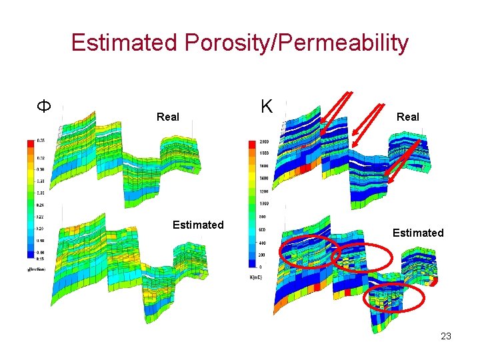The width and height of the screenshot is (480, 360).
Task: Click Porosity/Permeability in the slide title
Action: point(297,43)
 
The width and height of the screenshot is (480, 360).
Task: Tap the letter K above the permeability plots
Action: point(267,106)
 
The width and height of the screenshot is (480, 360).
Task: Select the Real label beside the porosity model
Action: point(167,117)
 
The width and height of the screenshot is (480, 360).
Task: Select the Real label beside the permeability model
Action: point(407,117)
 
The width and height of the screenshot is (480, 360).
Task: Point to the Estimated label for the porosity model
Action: point(198,225)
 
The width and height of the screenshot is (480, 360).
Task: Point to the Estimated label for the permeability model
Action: point(418,233)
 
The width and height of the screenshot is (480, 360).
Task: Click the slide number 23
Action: point(446,336)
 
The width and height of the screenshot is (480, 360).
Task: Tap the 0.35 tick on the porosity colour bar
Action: point(41,141)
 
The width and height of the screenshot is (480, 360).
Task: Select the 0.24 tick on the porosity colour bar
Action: point(41,205)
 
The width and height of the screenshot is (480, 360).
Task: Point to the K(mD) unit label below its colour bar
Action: point(257,277)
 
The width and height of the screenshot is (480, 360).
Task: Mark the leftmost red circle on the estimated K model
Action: point(309,253)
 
